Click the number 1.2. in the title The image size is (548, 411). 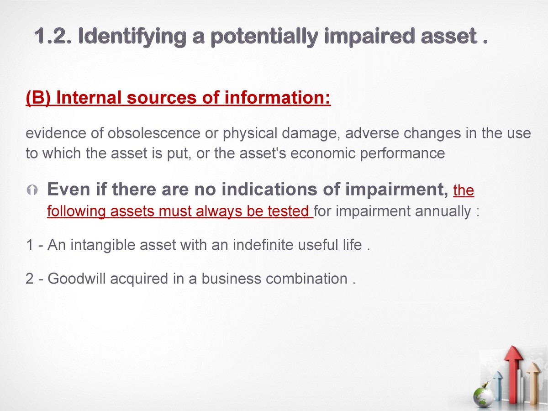pyautogui.click(x=53, y=36)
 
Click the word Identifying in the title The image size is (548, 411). pyautogui.click(x=132, y=37)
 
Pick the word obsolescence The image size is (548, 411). pyautogui.click(x=154, y=133)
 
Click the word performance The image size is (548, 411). pyautogui.click(x=402, y=153)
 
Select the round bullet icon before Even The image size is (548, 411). pyautogui.click(x=32, y=190)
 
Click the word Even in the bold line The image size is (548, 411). pyautogui.click(x=69, y=189)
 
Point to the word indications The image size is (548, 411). pyautogui.click(x=269, y=189)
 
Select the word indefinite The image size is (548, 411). pyautogui.click(x=263, y=245)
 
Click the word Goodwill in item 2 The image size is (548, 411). pyautogui.click(x=76, y=279)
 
